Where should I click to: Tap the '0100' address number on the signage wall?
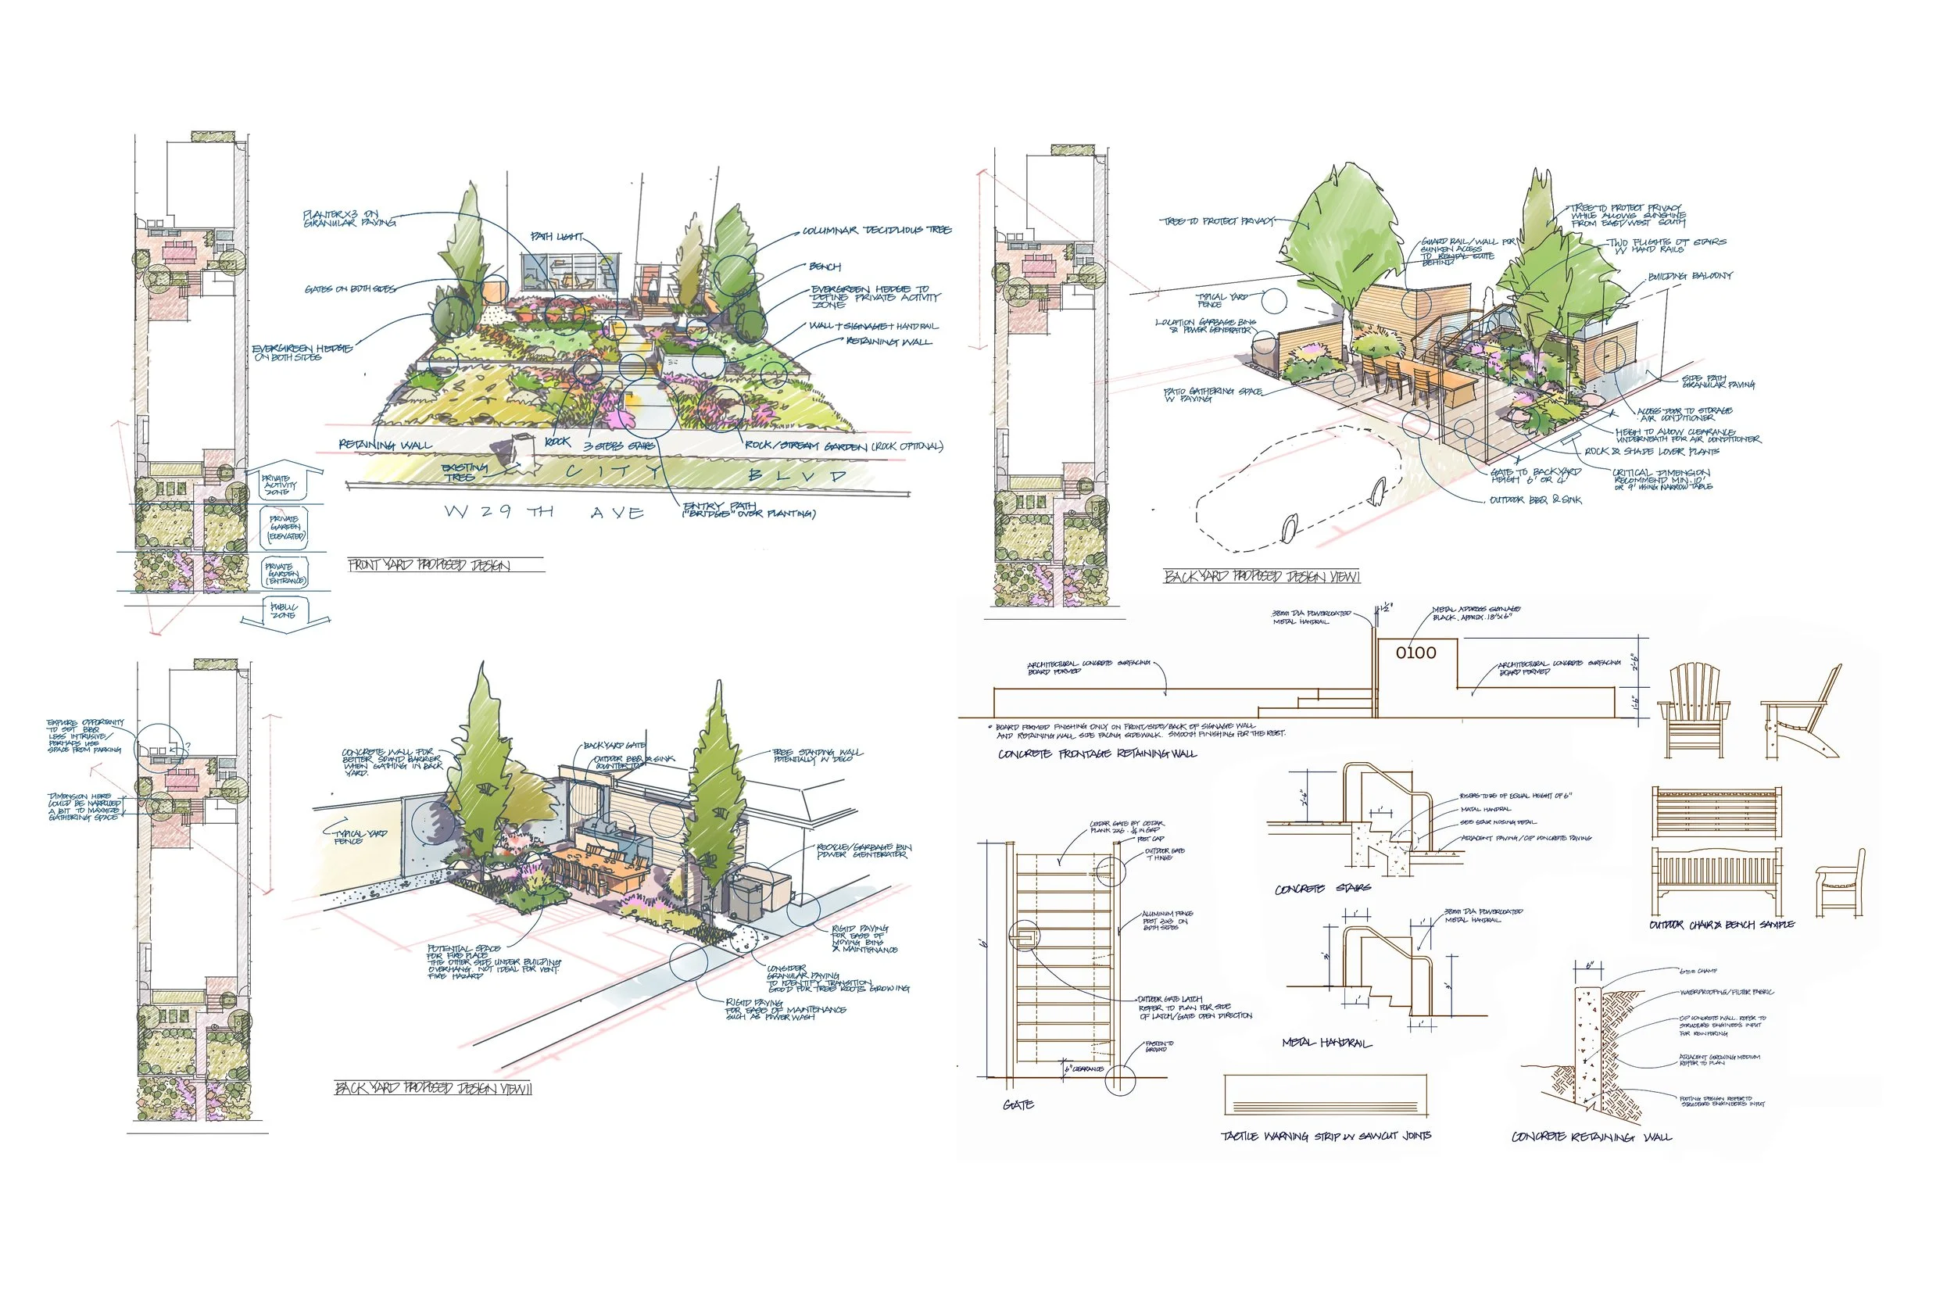click(1415, 653)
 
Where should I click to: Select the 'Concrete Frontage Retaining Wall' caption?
click(1097, 754)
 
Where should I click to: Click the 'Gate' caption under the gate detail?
click(1018, 1104)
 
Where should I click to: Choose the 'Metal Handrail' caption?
click(1326, 1043)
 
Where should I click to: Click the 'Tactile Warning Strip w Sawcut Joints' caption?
click(1326, 1136)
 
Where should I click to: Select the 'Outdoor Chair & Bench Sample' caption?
click(1721, 925)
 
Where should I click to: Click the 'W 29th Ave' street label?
click(544, 512)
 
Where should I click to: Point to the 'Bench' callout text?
click(825, 267)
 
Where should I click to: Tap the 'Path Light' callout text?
click(556, 237)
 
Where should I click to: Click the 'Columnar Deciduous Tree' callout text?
click(876, 230)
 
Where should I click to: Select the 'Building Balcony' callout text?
click(1690, 276)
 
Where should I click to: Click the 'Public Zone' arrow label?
click(285, 611)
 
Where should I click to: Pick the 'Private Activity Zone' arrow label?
click(277, 485)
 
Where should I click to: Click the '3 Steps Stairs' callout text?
click(620, 446)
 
